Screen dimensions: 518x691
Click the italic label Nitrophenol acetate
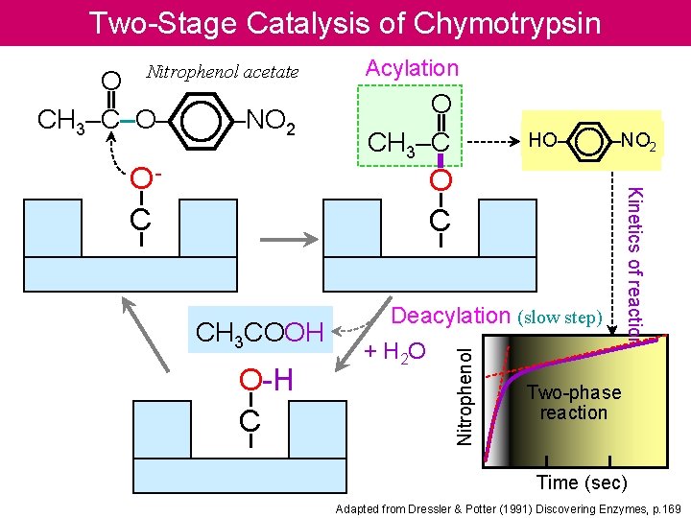[222, 72]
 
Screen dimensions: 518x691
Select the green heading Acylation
[412, 68]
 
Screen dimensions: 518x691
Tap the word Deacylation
[451, 317]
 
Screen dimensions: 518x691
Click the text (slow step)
[560, 318]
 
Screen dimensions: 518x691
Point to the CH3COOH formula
[258, 333]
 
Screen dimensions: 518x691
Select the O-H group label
[266, 381]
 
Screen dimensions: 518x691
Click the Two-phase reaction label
[574, 403]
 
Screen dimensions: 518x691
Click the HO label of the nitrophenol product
[542, 141]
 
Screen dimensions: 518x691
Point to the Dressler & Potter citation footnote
[508, 507]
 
